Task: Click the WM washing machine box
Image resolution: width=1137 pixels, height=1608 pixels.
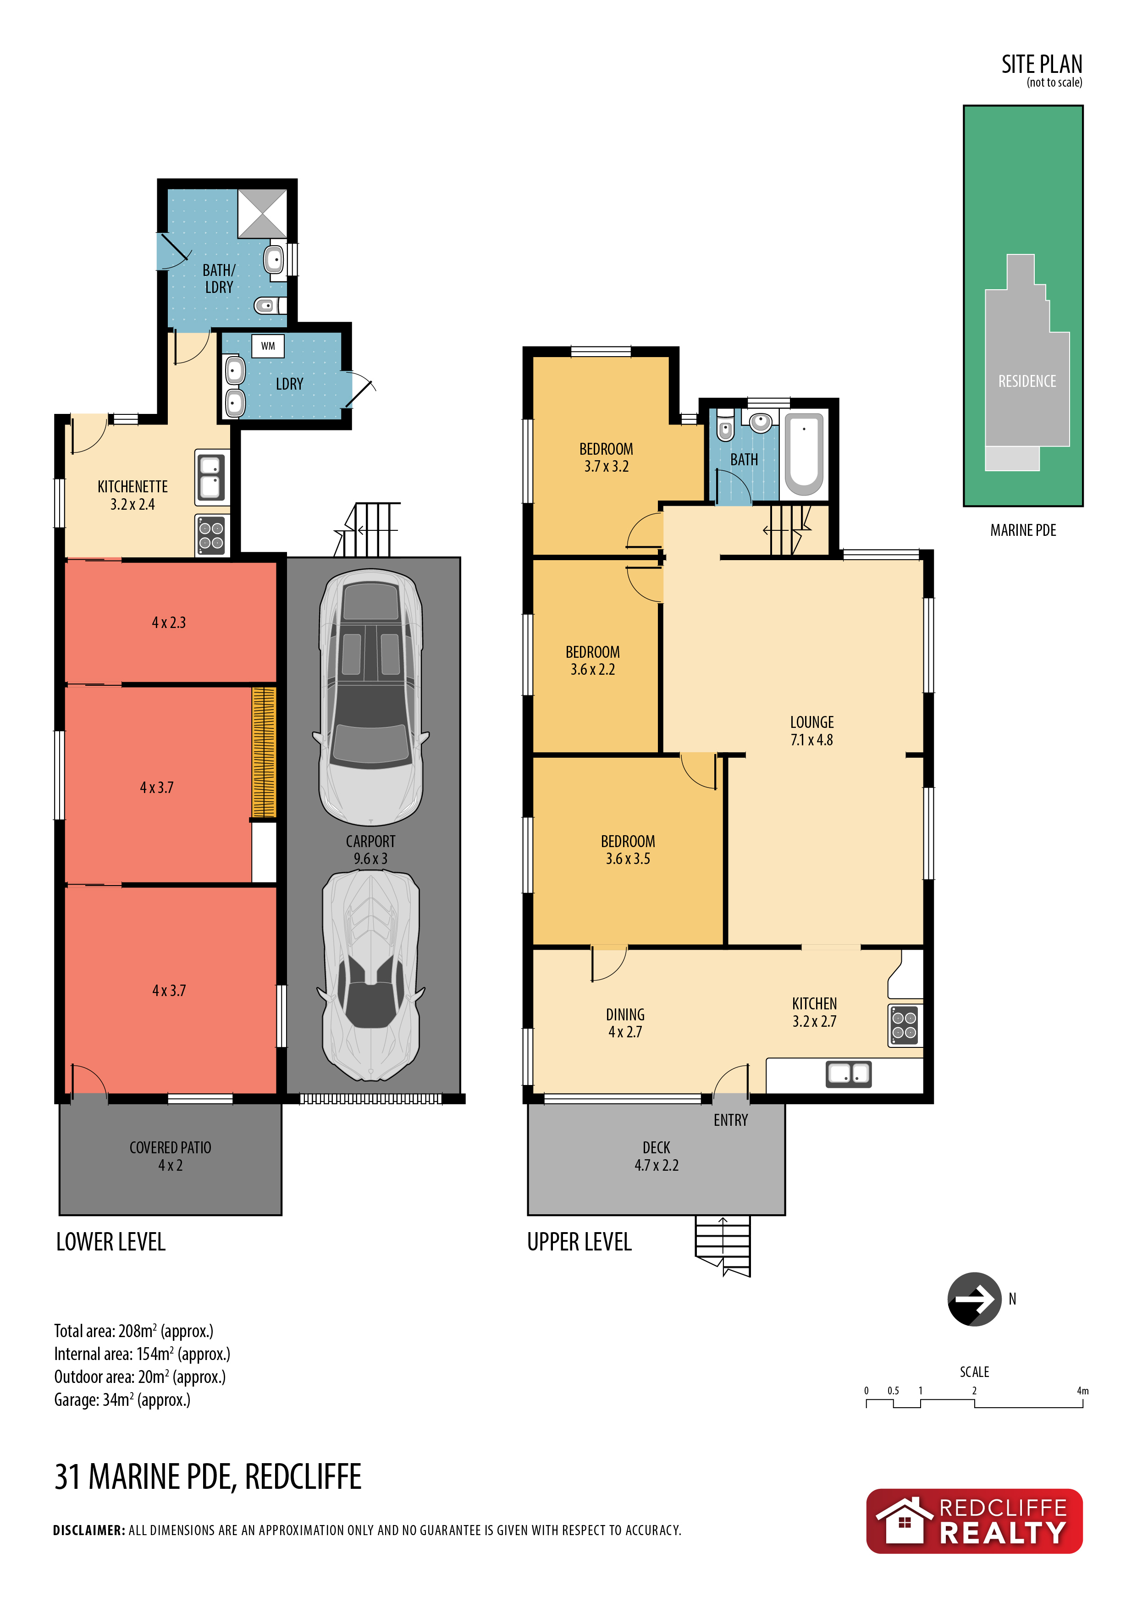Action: click(268, 346)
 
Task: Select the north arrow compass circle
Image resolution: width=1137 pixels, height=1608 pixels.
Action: click(974, 1299)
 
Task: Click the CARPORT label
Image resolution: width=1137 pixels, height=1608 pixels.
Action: click(370, 841)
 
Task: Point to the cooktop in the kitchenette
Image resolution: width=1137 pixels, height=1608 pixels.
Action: click(211, 535)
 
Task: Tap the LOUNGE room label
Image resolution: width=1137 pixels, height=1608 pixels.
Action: click(812, 722)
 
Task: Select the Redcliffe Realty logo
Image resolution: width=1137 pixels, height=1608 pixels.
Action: click(974, 1521)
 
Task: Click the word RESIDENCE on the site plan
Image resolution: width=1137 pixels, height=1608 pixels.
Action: click(1027, 381)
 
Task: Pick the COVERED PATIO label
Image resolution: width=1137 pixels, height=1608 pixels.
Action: click(170, 1148)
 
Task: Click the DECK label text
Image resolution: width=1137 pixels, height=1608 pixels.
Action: click(657, 1148)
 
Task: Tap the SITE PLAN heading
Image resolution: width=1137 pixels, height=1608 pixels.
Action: click(1042, 65)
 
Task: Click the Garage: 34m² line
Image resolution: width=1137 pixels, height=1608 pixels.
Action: click(122, 1400)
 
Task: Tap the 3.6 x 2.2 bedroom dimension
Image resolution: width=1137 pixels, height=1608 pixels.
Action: click(593, 670)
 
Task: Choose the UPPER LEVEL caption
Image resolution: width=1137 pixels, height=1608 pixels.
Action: click(580, 1242)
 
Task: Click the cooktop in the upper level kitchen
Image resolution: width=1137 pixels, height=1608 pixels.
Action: click(905, 1025)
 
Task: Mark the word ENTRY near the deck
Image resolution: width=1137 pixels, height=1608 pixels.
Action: click(731, 1121)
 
